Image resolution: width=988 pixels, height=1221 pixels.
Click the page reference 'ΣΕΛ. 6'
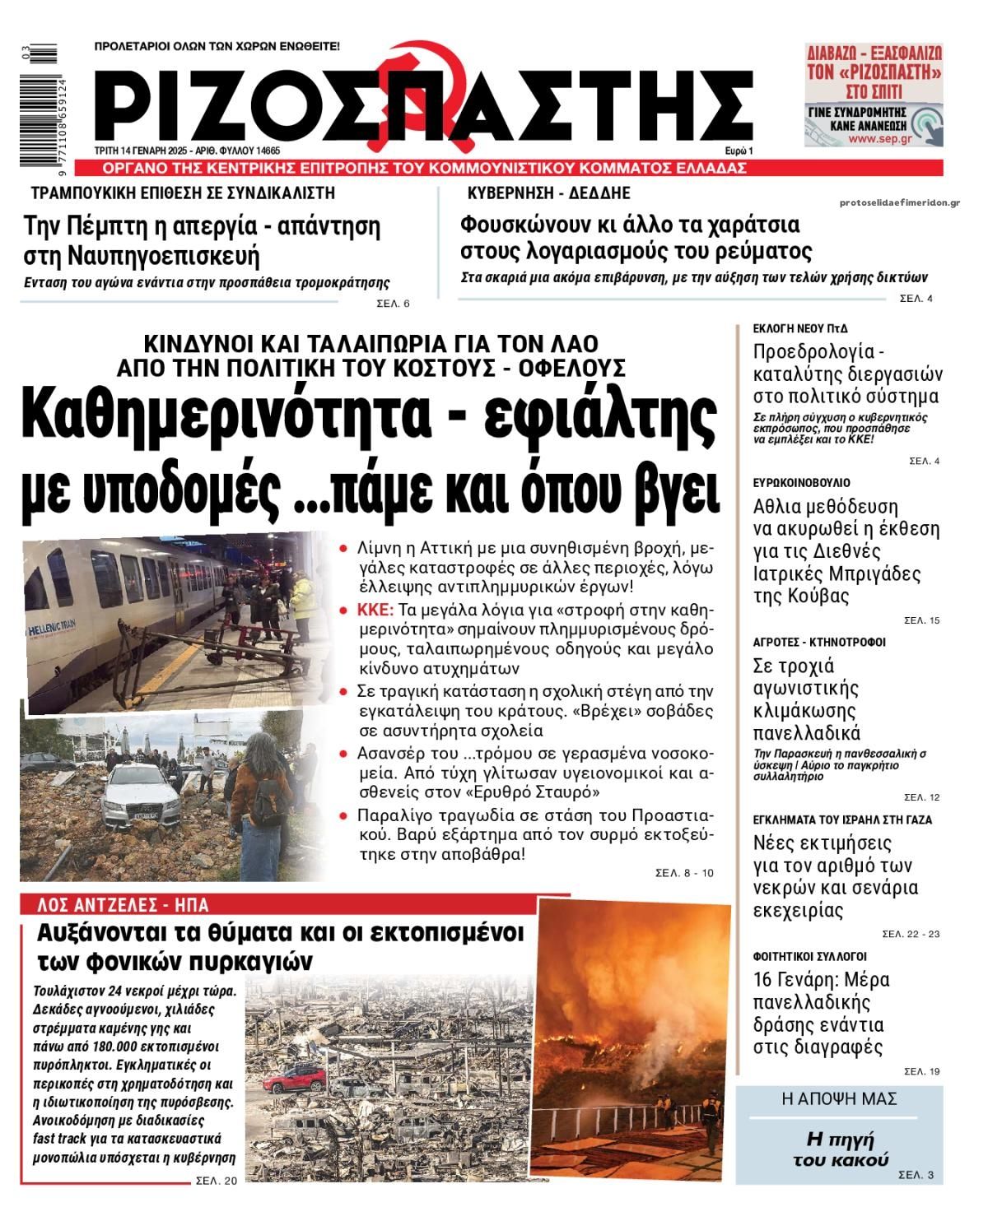(393, 304)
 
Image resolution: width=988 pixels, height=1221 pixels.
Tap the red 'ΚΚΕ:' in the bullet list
(375, 610)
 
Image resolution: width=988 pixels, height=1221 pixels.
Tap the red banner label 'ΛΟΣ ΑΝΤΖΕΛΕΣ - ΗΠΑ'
(123, 905)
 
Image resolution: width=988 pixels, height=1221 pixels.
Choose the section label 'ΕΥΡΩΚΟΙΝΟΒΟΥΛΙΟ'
(802, 482)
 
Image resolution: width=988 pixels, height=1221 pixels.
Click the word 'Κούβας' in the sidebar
(790, 596)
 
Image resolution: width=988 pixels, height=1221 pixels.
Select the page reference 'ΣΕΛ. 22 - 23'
(911, 934)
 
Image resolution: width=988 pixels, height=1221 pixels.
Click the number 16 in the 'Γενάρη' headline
(765, 980)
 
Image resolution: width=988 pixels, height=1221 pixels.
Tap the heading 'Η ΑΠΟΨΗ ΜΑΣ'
(839, 1099)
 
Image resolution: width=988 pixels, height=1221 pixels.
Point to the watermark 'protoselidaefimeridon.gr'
(900, 202)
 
